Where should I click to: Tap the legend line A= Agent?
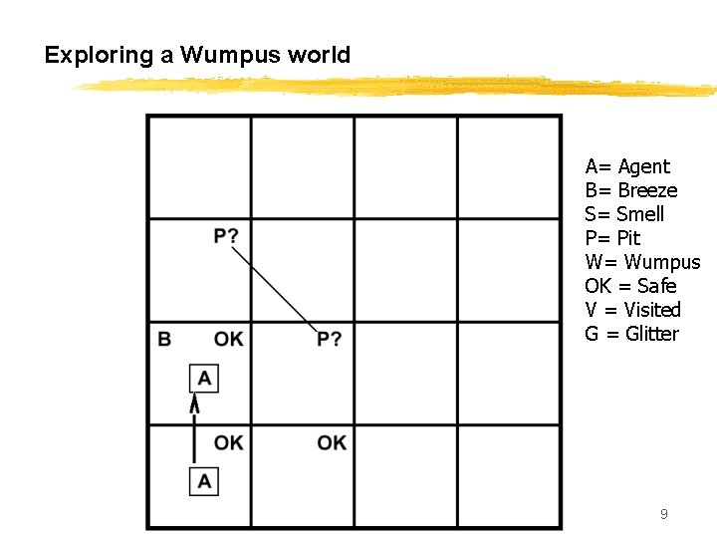[627, 166]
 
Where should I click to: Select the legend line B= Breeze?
[631, 190]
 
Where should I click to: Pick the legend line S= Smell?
[624, 214]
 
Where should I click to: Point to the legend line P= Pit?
[612, 238]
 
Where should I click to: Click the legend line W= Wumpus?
[642, 262]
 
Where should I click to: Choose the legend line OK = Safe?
[630, 286]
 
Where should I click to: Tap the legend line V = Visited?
[632, 310]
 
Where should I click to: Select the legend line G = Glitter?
[631, 334]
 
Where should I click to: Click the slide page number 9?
[664, 514]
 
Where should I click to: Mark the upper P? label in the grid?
[226, 236]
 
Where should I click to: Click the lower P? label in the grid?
[330, 340]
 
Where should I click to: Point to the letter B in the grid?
[164, 339]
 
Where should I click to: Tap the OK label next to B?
[228, 339]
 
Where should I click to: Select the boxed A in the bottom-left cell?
[204, 481]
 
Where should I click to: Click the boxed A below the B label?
[204, 378]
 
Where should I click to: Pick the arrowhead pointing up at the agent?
[195, 403]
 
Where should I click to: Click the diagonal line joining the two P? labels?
[274, 289]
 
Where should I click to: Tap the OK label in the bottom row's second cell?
[332, 442]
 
